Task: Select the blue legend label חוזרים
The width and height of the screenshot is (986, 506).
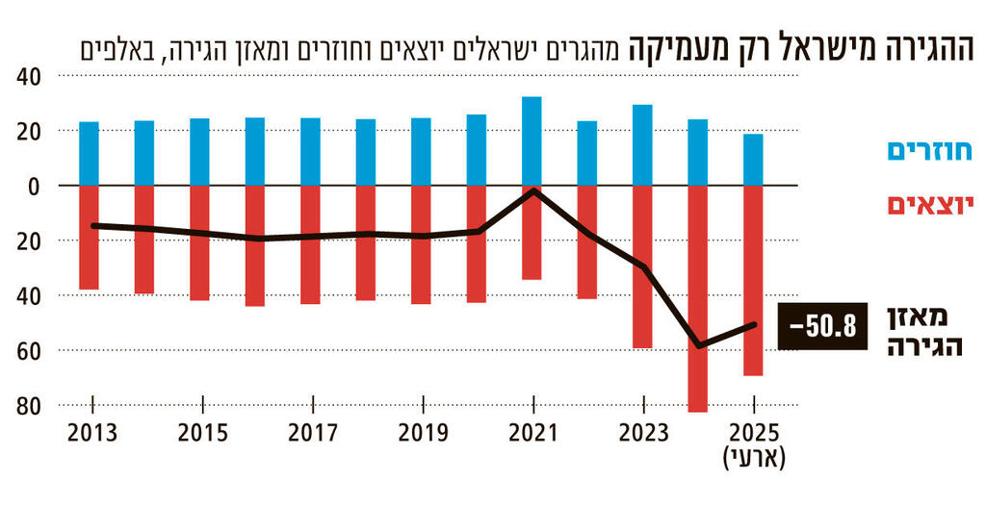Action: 927,151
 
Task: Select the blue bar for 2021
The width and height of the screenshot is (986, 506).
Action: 532,140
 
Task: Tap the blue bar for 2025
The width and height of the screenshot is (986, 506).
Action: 753,159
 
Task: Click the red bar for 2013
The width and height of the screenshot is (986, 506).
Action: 89,237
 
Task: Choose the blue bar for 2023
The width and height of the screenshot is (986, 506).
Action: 642,144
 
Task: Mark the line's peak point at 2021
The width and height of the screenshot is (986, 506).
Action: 532,190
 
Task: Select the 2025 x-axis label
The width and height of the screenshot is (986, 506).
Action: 753,434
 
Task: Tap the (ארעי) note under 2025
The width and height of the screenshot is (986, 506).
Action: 753,459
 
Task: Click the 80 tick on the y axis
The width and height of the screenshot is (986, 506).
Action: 31,406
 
